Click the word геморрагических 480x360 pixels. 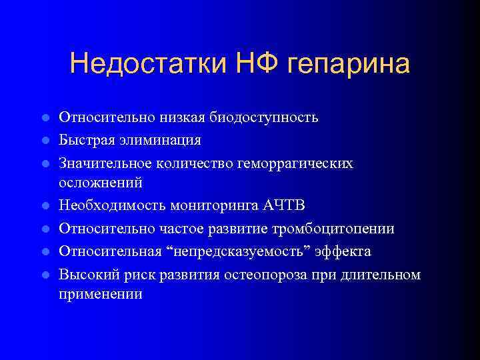pyautogui.click(x=297, y=163)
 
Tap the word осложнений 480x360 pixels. pyautogui.click(x=100, y=182)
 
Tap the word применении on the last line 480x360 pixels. pyautogui.click(x=101, y=293)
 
